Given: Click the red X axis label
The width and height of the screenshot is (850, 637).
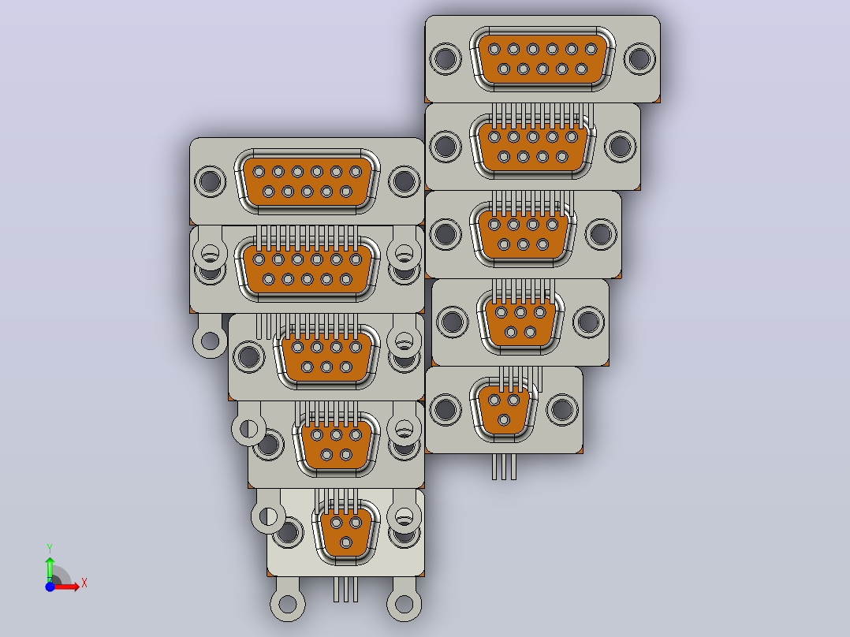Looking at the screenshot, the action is [x=84, y=583].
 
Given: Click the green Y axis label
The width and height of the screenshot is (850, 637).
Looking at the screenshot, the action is [x=50, y=549].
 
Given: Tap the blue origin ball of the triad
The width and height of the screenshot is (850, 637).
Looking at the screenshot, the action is [x=50, y=587].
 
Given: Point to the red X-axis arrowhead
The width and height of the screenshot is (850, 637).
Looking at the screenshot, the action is [x=76, y=587].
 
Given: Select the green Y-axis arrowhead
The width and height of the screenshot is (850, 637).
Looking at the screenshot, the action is [x=50, y=561].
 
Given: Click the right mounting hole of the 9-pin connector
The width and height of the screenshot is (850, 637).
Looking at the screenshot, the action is [x=620, y=147].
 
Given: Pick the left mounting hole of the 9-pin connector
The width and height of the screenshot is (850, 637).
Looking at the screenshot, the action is [x=446, y=147].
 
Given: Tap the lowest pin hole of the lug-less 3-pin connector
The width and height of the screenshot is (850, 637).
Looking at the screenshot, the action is [x=504, y=419].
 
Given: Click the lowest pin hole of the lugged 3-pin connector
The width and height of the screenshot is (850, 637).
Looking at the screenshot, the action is [x=346, y=542].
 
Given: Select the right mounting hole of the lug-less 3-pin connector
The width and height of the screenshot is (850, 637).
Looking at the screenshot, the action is [x=561, y=409].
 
